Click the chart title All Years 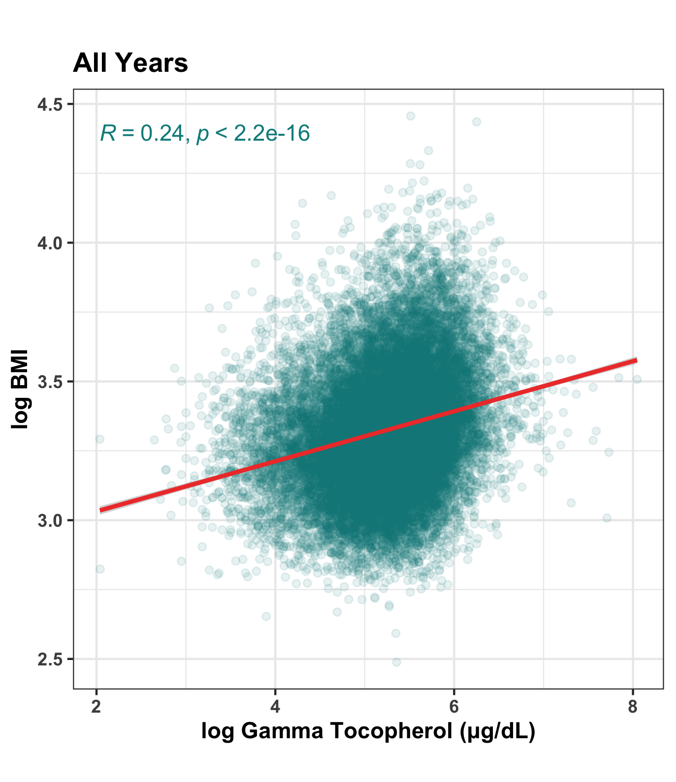130,63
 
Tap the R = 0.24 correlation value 142,133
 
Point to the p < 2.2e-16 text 253,133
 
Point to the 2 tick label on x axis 97,707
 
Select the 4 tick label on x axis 275,707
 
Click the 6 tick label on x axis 454,707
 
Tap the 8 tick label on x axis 633,707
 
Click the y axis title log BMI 20,389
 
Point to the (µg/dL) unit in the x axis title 497,731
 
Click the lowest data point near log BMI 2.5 396,662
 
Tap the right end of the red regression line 636,361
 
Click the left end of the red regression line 100,510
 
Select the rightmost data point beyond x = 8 637,379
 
